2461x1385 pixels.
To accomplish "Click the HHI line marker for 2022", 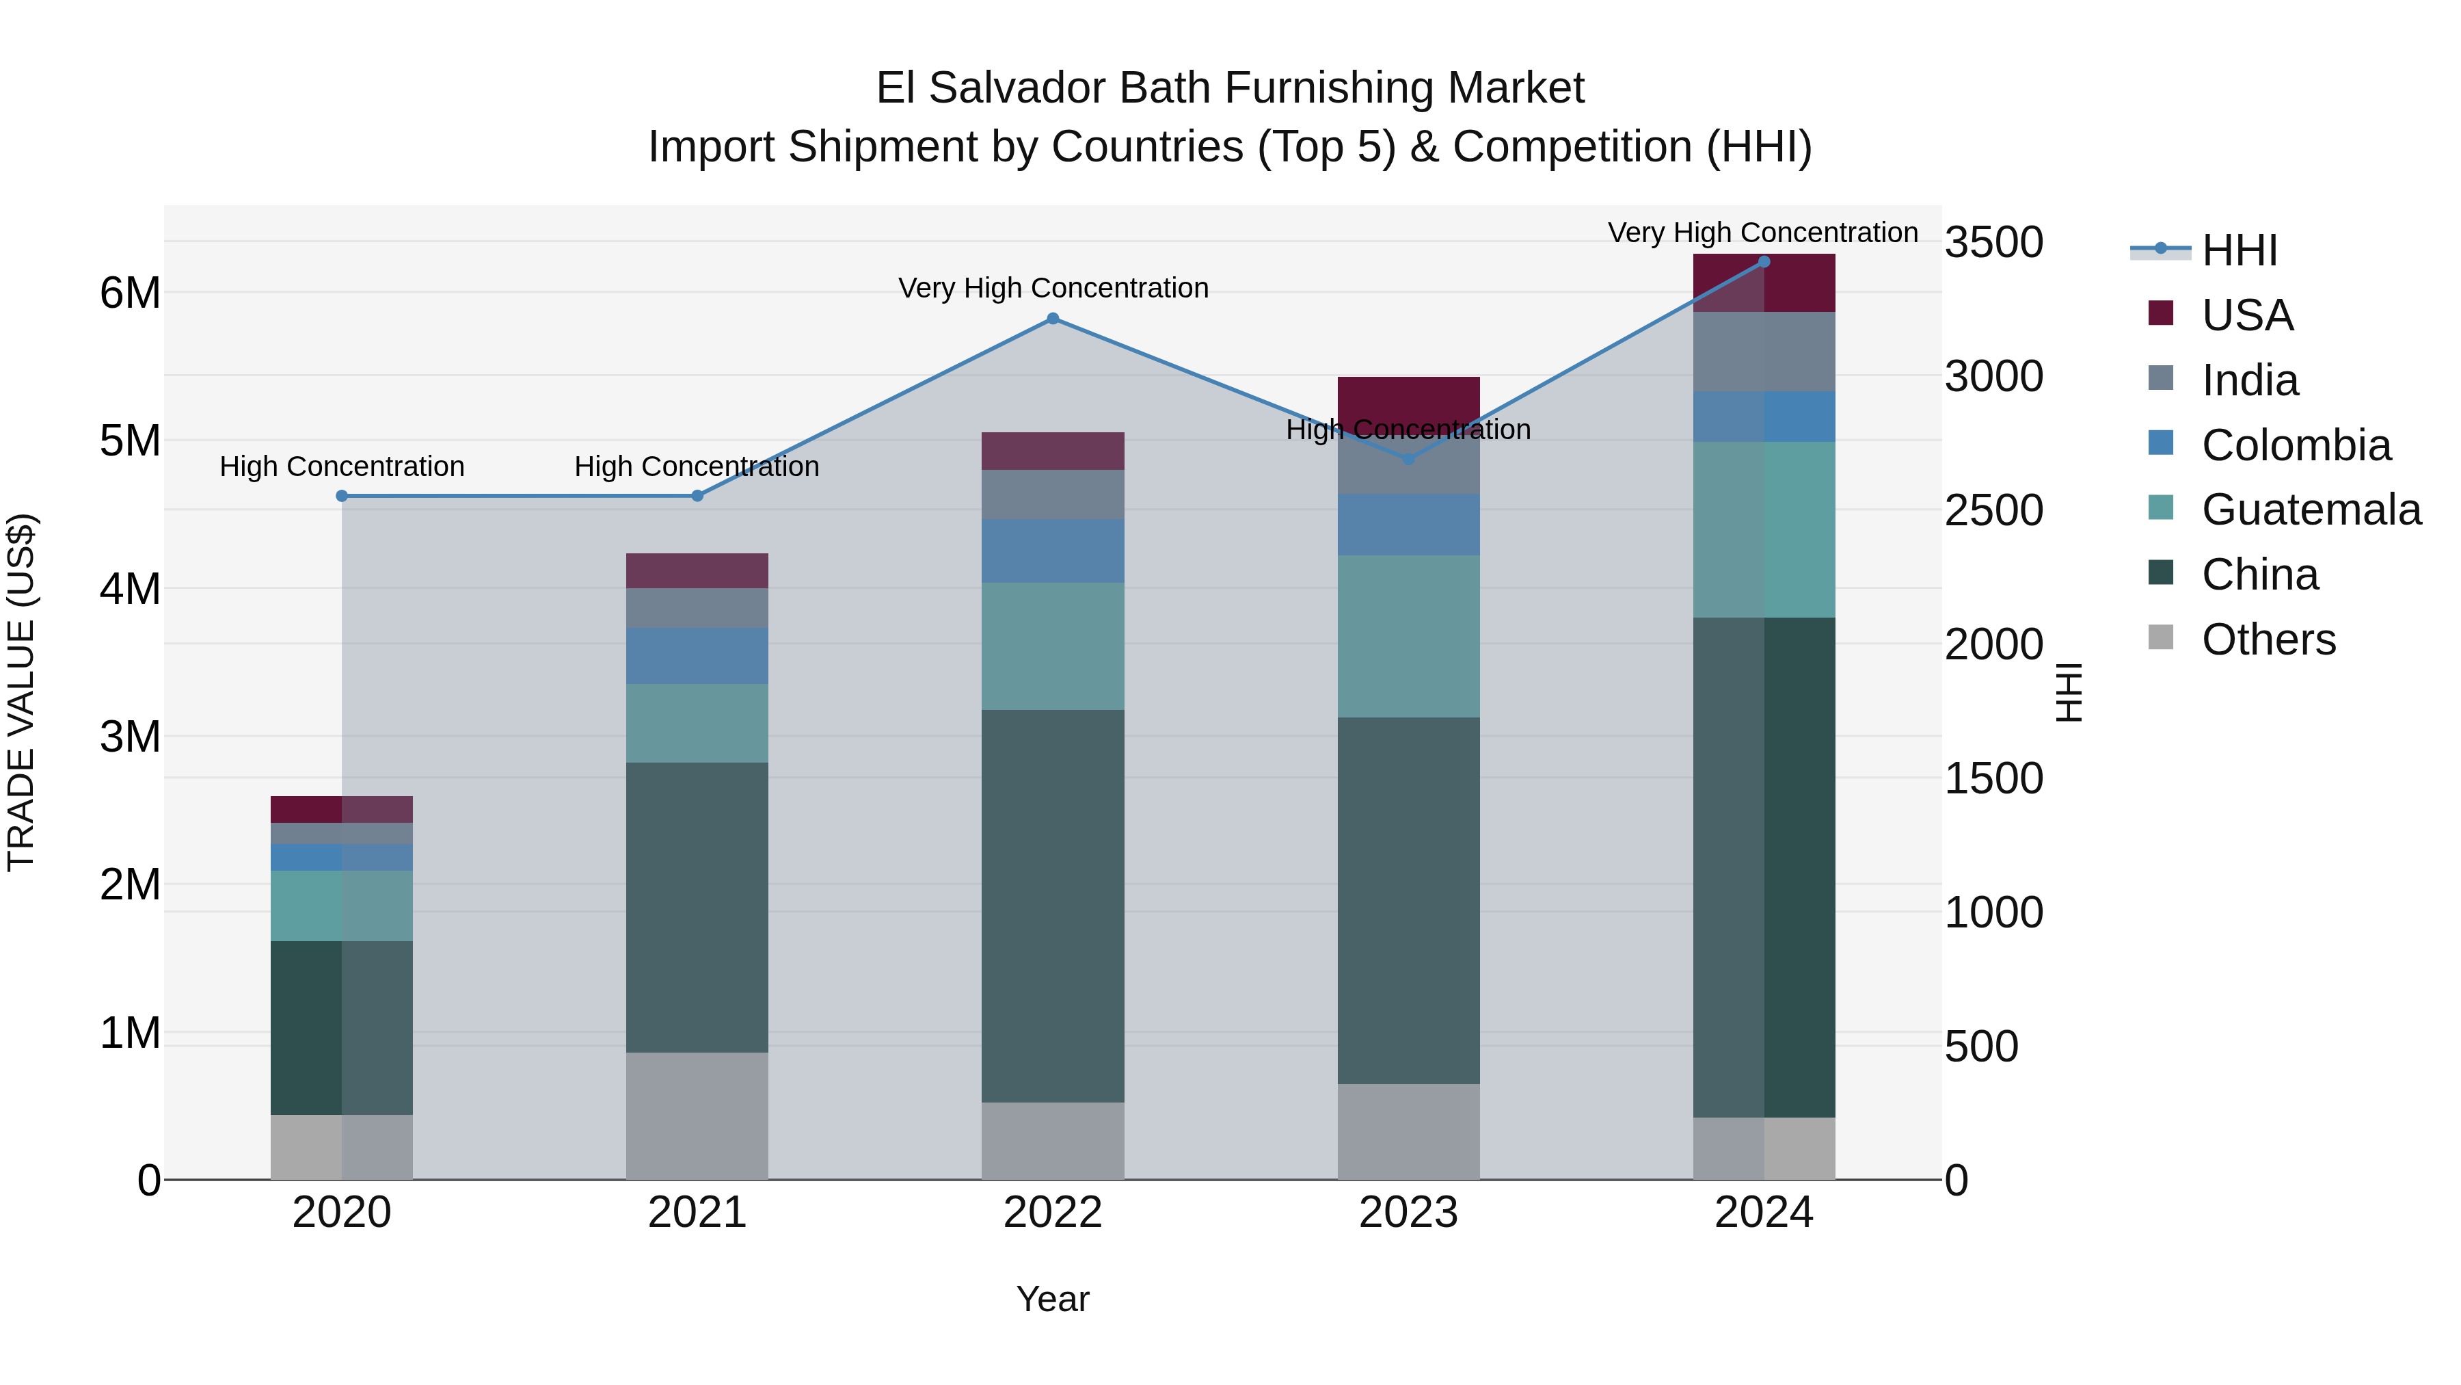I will pos(1053,318).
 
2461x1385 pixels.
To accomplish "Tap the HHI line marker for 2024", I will pos(1764,262).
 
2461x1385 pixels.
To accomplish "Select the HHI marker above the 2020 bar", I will pos(342,496).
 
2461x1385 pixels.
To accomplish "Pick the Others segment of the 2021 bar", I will pos(697,1116).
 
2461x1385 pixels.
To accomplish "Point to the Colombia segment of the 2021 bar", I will pos(697,656).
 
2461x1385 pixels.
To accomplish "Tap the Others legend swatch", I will pos(2160,637).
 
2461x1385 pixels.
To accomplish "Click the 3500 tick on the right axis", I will pos(1994,242).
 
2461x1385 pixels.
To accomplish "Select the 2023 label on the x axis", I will pos(1408,1213).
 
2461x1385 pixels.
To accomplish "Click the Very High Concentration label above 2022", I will pos(1053,288).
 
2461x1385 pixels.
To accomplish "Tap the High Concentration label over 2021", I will pos(697,466).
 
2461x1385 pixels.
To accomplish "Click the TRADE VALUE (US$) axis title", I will pos(21,692).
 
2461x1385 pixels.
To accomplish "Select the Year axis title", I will pos(1053,1299).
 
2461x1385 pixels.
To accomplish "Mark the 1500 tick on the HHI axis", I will pos(1994,778).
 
